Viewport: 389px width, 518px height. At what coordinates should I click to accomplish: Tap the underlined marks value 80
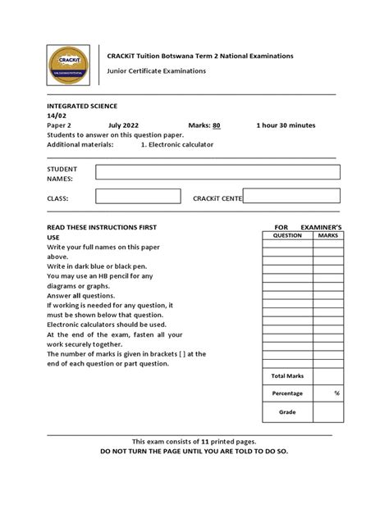pos(217,125)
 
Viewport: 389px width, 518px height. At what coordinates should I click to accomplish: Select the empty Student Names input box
pos(218,171)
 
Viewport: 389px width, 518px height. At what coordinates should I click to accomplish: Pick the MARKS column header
pos(328,235)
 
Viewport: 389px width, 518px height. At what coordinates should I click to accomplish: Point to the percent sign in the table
pos(336,394)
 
